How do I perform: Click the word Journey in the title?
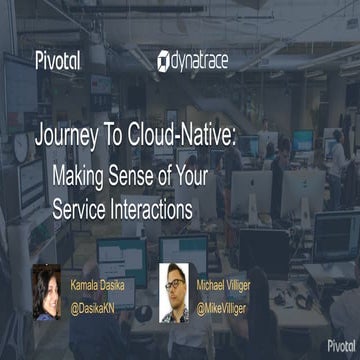pyautogui.click(x=73, y=137)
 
